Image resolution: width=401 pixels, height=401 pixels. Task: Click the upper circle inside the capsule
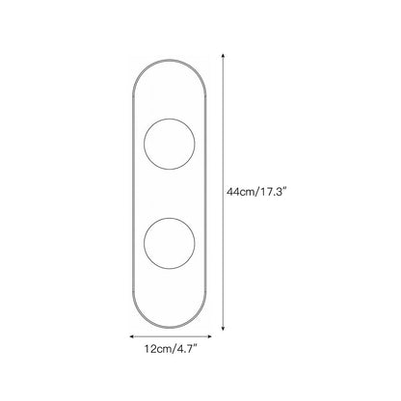(144, 144)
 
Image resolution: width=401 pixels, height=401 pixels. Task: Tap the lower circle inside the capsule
(144, 244)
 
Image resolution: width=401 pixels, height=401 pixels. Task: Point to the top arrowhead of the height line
(223, 56)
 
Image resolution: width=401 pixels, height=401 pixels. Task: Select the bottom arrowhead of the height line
(223, 329)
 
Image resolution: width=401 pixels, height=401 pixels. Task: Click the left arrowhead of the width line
(131, 336)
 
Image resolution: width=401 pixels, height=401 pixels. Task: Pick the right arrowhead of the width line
(209, 336)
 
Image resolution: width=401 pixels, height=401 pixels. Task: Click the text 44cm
(240, 192)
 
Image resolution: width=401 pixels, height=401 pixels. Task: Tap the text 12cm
(157, 349)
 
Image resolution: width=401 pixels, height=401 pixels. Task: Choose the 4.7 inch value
(184, 349)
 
